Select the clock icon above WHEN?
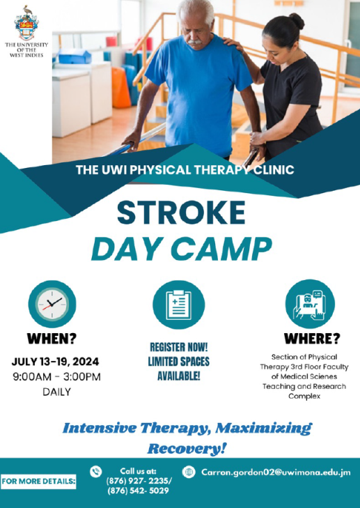pyautogui.click(x=52, y=304)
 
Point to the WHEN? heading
pyautogui.click(x=52, y=340)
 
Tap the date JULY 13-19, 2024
pyautogui.click(x=55, y=362)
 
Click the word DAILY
pyautogui.click(x=55, y=392)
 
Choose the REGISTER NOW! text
pyautogui.click(x=178, y=346)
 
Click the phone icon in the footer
pyautogui.click(x=96, y=471)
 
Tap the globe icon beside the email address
pyautogui.click(x=188, y=472)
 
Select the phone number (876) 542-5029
pyautogui.click(x=137, y=490)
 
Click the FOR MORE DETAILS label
pyautogui.click(x=39, y=482)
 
